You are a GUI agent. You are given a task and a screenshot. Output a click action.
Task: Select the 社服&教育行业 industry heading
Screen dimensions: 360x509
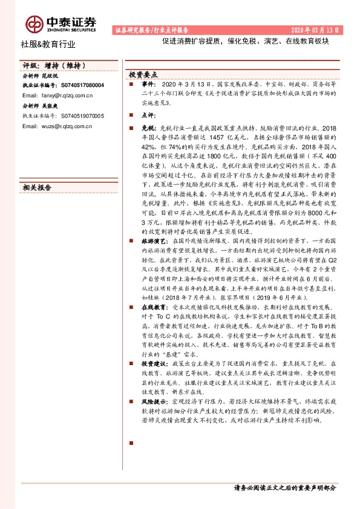48,44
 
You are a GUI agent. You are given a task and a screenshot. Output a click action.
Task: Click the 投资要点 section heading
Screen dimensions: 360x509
143,74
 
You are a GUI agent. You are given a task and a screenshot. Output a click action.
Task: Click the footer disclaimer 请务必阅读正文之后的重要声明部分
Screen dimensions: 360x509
284,487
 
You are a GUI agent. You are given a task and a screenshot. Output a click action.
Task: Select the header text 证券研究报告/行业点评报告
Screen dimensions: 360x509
151,29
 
